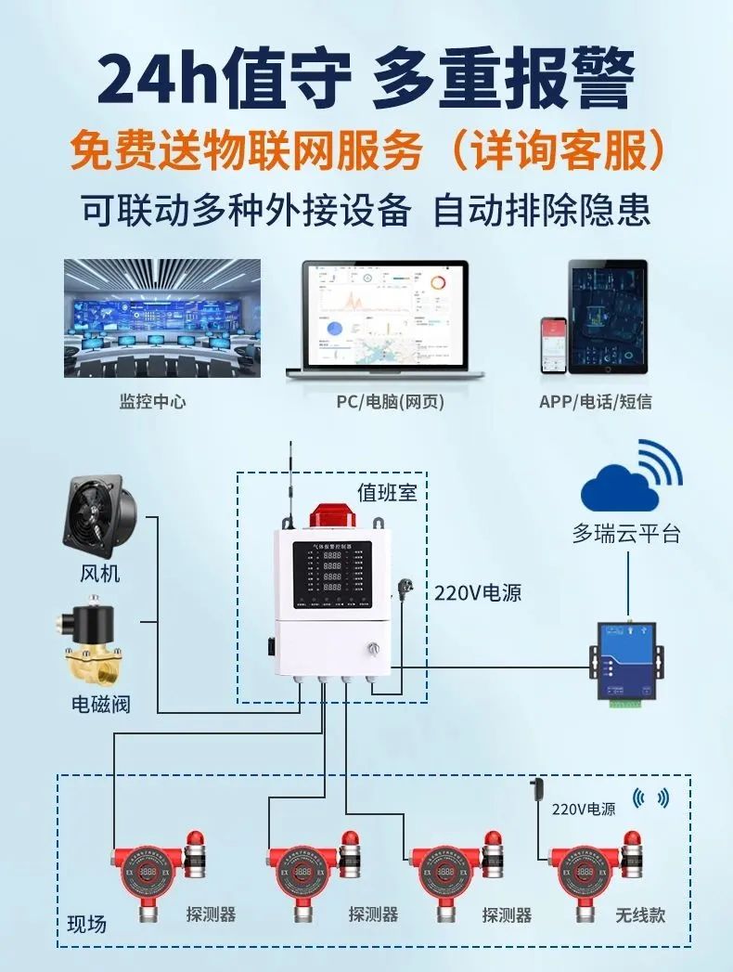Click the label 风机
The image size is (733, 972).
pos(99,573)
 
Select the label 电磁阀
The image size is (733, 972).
pos(101,704)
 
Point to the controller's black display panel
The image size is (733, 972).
pos(332,575)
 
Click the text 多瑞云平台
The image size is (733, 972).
pos(626,534)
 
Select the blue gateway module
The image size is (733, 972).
pos(627,663)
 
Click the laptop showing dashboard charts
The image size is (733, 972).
pos(384,320)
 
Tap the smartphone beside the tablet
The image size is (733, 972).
pos(554,345)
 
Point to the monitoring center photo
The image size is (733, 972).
pos(162,318)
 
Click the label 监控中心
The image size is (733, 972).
pos(153,402)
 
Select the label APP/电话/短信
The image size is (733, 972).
pos(595,402)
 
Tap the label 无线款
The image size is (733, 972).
pos(640,914)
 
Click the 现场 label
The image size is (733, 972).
pos(87,924)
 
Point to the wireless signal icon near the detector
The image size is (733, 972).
pos(649,797)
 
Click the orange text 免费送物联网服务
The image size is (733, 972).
pos(247,150)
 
